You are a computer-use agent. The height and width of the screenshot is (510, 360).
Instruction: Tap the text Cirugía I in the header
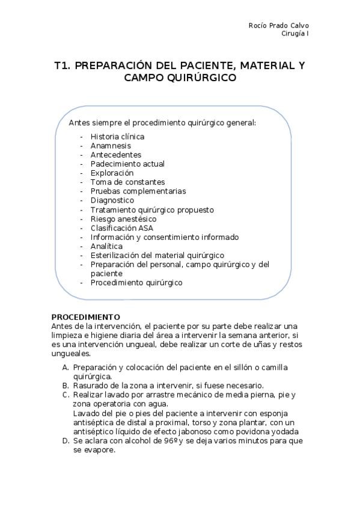click(295, 33)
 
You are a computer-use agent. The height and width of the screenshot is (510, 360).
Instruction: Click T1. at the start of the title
click(62, 65)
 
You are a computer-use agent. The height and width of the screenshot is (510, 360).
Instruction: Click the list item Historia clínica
click(117, 137)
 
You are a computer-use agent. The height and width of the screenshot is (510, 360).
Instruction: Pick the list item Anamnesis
click(111, 146)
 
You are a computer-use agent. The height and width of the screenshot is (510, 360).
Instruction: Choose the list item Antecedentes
click(116, 155)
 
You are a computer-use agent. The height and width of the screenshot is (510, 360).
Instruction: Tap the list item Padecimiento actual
click(127, 164)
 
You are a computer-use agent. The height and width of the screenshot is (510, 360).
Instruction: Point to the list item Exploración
click(112, 173)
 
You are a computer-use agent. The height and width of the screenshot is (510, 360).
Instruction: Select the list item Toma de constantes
click(127, 182)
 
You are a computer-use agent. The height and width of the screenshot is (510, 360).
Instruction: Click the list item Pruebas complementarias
click(138, 191)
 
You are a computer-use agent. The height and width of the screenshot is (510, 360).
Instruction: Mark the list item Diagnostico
click(112, 200)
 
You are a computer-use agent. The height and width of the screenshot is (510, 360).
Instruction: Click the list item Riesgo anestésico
click(124, 219)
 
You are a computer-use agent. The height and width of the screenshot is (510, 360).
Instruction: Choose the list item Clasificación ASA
click(123, 228)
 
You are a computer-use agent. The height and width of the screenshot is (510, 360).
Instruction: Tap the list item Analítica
click(106, 246)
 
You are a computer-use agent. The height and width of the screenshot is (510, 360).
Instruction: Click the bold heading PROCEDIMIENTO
click(85, 317)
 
